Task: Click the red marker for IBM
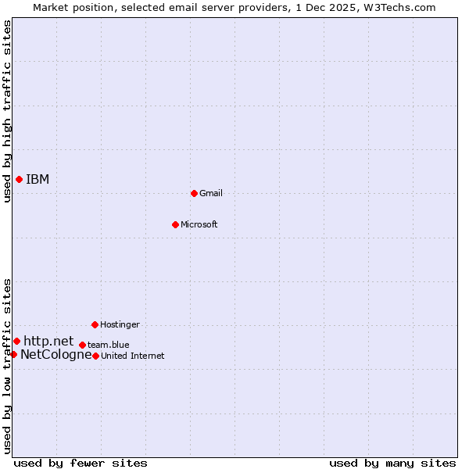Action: coord(19,180)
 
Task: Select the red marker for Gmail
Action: coord(194,193)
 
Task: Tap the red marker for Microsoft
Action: coord(175,224)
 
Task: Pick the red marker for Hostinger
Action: coord(95,324)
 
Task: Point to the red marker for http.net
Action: coord(16,342)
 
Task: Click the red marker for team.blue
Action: coord(82,345)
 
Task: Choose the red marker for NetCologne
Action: coord(13,355)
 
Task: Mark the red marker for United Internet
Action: coord(95,356)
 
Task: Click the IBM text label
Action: coord(38,180)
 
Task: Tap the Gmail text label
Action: coord(211,193)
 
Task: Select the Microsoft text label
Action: coord(199,224)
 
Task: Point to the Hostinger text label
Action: coord(120,324)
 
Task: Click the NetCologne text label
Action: coord(56,355)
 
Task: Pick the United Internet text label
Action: coord(133,356)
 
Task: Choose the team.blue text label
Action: coord(109,345)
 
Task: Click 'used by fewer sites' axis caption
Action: coord(81,464)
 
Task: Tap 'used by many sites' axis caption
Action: coord(392,464)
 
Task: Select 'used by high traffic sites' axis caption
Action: coord(8,112)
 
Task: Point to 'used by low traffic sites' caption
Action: coord(8,366)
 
